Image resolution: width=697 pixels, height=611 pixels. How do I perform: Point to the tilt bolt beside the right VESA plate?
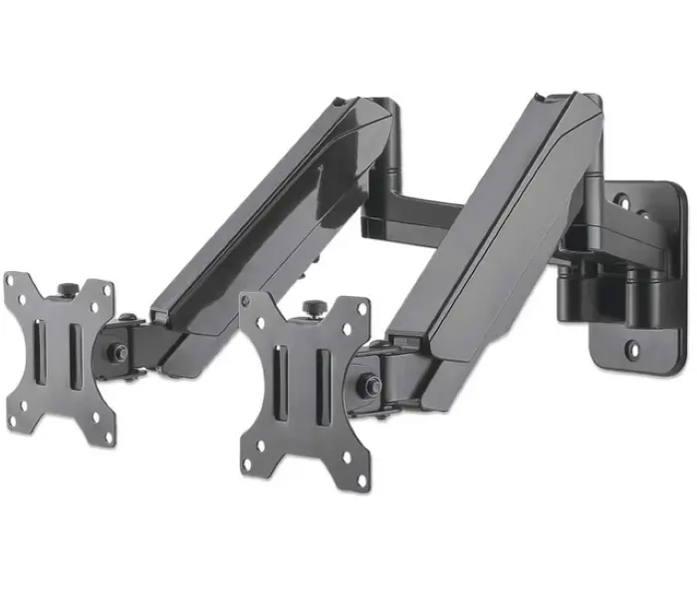369,383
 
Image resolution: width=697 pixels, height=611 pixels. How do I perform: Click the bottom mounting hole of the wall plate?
631,350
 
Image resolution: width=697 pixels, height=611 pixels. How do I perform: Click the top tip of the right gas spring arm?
545,98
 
